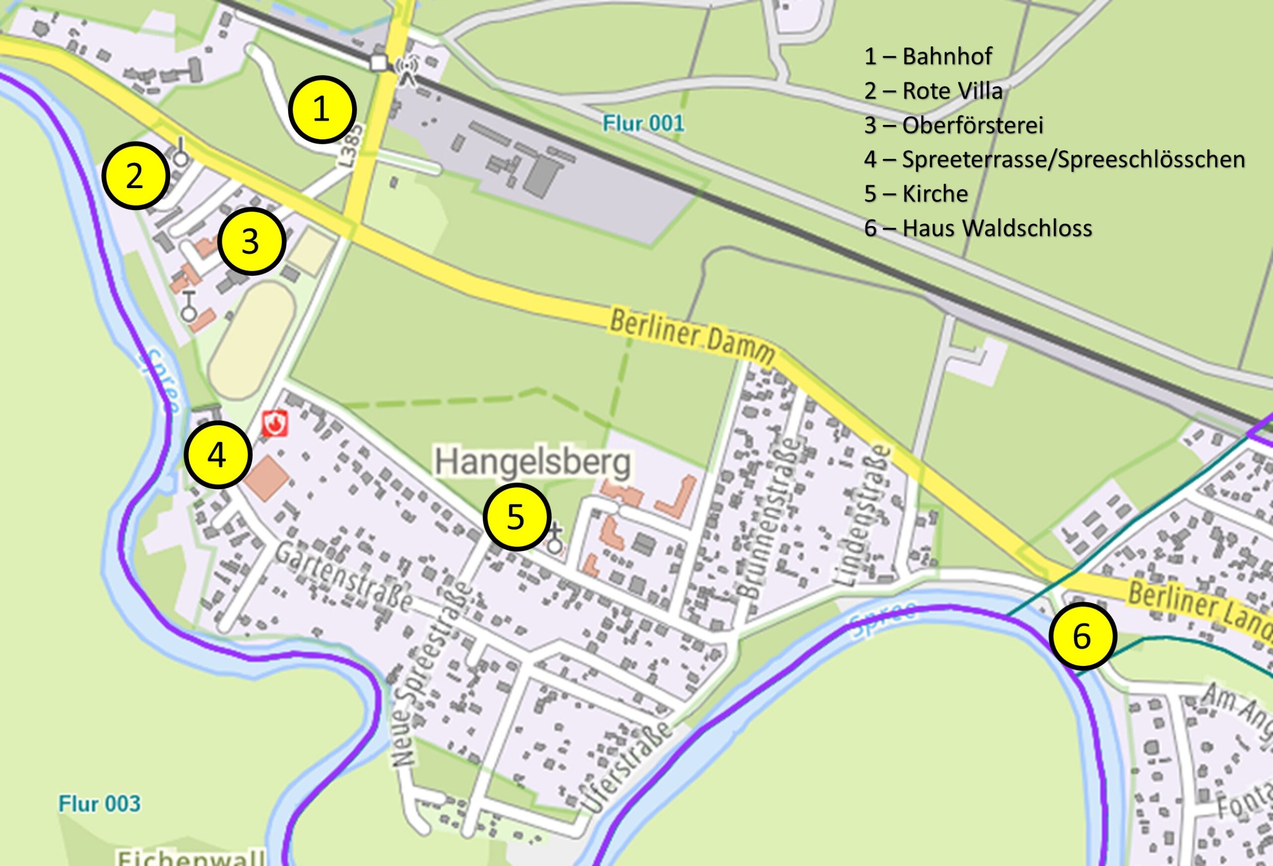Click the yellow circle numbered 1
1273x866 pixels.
pyautogui.click(x=322, y=110)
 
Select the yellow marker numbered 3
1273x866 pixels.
pyautogui.click(x=252, y=241)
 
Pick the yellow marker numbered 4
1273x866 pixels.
pyautogui.click(x=218, y=454)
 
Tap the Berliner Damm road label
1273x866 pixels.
pyautogui.click(x=692, y=338)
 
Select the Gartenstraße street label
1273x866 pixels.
pyautogui.click(x=344, y=576)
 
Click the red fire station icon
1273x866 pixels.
pyautogui.click(x=274, y=424)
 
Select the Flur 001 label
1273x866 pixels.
pyautogui.click(x=643, y=123)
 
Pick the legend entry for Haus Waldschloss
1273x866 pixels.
pyautogui.click(x=978, y=228)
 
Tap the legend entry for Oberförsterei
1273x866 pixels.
pyautogui.click(x=954, y=125)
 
